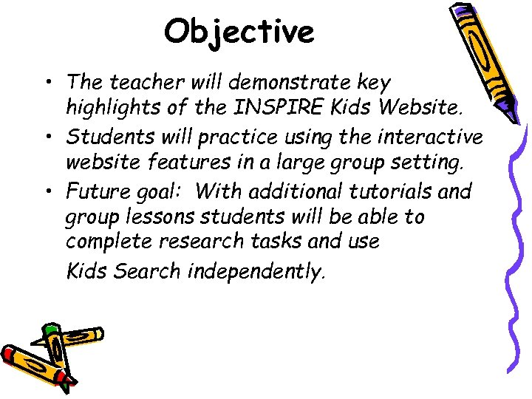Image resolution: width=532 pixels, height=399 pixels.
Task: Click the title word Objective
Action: click(239, 32)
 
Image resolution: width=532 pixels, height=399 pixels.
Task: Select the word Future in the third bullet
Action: click(94, 191)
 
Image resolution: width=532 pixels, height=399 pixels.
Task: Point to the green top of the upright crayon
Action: click(50, 328)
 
